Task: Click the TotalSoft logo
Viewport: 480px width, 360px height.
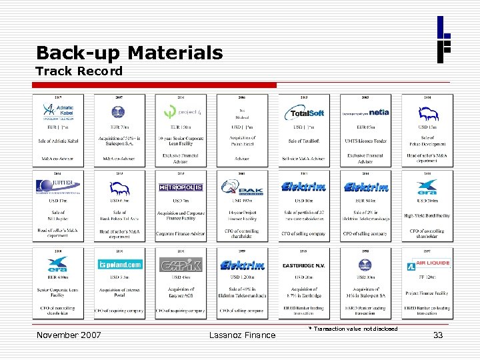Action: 304,113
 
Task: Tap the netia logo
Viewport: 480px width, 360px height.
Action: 365,113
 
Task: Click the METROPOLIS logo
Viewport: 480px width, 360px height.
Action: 181,187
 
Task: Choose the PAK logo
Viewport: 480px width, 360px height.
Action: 242,187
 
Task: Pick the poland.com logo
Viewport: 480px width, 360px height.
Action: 119,265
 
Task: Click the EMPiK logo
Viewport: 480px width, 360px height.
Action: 181,265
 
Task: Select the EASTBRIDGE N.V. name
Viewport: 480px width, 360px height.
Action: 303,265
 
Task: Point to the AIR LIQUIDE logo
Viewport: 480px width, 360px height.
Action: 427,265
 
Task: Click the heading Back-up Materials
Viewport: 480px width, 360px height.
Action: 129,53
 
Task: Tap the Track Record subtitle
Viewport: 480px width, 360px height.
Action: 79,71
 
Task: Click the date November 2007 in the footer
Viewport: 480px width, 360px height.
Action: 69,335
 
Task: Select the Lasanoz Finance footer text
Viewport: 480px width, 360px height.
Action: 242,335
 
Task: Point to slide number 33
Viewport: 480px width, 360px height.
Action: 438,335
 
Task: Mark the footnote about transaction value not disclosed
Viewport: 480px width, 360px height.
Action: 353,329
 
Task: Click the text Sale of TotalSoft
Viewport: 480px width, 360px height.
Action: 304,141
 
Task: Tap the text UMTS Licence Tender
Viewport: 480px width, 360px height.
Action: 365,141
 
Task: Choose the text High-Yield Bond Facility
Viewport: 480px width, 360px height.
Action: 427,215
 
